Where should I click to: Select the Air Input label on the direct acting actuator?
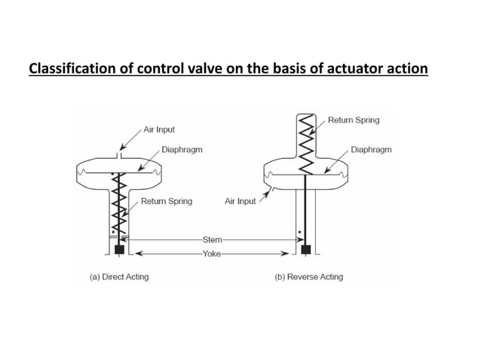tap(159, 130)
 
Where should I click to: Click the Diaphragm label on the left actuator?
tap(182, 150)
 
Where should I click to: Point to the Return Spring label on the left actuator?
tap(167, 201)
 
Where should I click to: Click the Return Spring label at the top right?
tap(354, 120)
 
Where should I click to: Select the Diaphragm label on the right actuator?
tap(371, 150)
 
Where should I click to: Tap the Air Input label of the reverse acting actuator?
tap(240, 202)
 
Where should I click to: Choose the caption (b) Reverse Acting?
tap(309, 277)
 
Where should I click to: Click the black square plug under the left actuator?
tap(118, 248)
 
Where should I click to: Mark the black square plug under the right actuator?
tap(305, 249)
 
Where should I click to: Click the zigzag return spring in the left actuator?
tap(118, 203)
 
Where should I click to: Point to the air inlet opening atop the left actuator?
tap(118, 156)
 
